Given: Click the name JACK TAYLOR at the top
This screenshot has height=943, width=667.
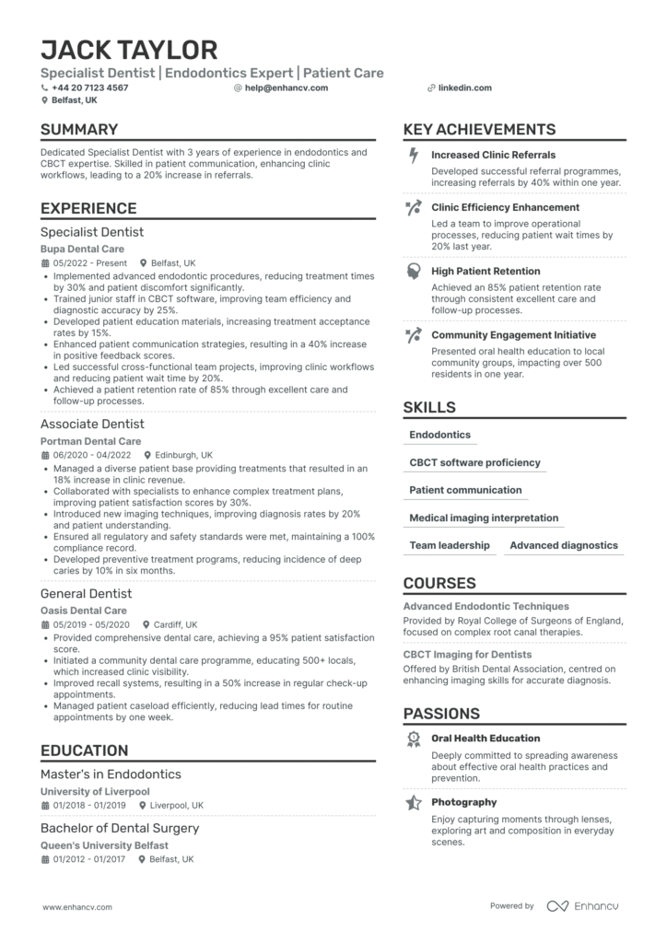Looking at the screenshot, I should (x=129, y=50).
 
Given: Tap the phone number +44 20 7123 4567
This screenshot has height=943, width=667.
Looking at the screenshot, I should (x=90, y=88).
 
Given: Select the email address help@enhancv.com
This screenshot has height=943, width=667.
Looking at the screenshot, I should (x=278, y=88).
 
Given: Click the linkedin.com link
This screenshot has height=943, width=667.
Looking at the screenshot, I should (x=465, y=88).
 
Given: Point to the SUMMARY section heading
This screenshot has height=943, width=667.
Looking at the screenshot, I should (x=79, y=130).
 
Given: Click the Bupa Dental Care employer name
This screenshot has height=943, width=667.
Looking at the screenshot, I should (x=82, y=250).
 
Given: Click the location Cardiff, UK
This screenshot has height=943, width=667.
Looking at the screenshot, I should (x=181, y=624).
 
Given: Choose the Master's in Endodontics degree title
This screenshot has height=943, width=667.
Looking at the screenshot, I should (x=111, y=774).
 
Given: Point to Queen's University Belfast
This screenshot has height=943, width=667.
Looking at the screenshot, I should (x=104, y=845).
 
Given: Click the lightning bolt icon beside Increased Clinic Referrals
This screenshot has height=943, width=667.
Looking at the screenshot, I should (x=414, y=156).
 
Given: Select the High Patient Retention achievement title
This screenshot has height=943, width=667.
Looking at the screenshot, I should (x=486, y=272).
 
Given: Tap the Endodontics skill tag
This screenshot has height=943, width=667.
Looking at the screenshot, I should (x=439, y=435).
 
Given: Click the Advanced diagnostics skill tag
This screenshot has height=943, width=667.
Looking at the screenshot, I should (x=564, y=545).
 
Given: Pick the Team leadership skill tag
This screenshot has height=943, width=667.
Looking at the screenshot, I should (x=450, y=545).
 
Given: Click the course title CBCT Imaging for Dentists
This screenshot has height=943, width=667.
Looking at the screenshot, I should (x=467, y=655).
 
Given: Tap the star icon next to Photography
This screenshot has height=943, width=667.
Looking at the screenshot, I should (x=414, y=803).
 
